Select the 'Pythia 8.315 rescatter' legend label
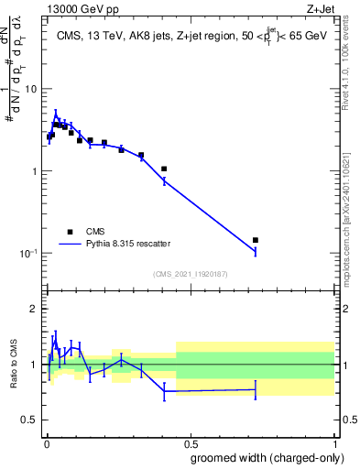click(126, 244)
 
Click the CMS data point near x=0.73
click(256, 240)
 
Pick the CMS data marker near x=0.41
click(164, 169)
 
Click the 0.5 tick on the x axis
click(190, 442)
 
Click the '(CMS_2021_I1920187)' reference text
click(191, 274)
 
